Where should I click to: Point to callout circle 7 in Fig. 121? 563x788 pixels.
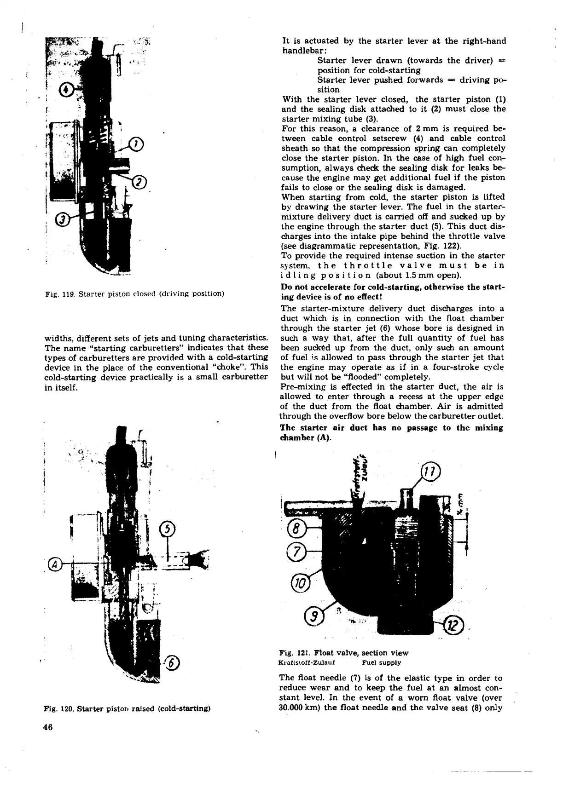(295, 550)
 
